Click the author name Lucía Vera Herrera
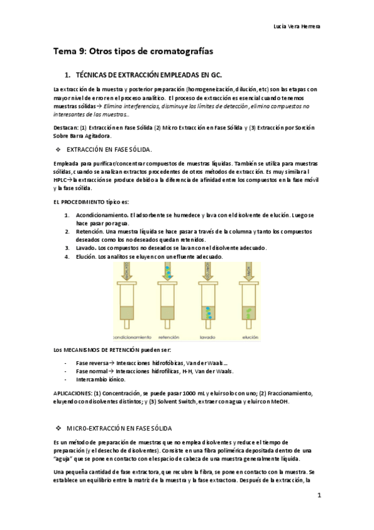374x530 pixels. coord(298,27)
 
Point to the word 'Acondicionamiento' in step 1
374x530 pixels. coord(102,215)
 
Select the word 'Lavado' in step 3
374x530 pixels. coord(86,247)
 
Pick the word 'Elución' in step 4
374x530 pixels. coord(86,256)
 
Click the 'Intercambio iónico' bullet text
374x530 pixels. coord(100,379)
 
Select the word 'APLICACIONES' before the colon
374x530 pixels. coord(73,392)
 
